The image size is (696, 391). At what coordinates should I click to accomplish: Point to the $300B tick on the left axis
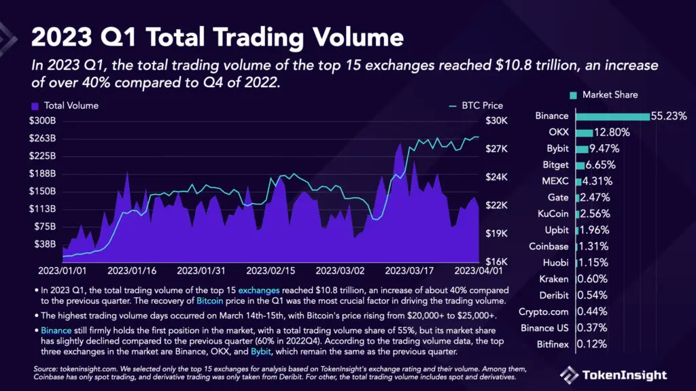pos(43,121)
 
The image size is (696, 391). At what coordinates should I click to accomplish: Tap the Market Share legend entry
pos(604,95)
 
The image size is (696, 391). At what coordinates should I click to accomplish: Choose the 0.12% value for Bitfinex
pos(591,344)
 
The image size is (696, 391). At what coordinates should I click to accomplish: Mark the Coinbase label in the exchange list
pos(549,246)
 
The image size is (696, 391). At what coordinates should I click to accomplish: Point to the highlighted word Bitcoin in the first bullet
pos(209,300)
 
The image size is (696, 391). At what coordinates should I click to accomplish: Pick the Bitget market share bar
pos(580,165)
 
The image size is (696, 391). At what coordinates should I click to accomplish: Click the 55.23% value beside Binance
pos(669,116)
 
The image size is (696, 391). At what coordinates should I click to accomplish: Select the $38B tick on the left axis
pos(45,244)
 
